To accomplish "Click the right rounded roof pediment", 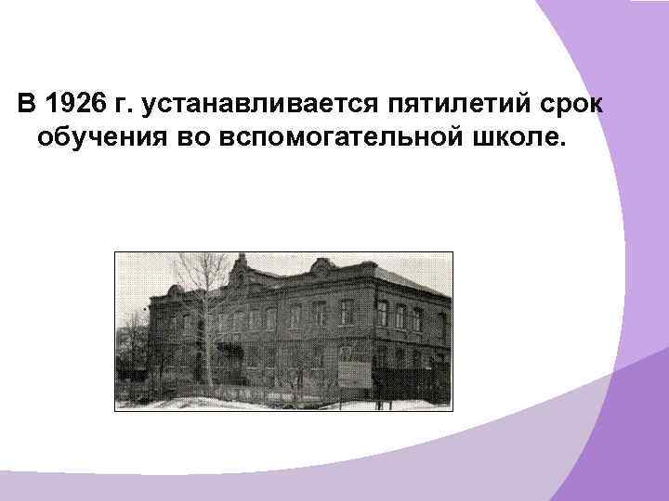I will (x=322, y=270).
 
